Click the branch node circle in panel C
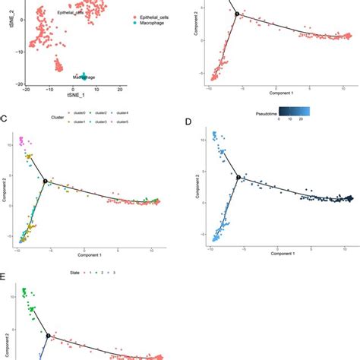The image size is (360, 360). pos(46,180)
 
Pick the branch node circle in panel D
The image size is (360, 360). pos(238,176)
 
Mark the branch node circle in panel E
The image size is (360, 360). pos(47,335)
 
